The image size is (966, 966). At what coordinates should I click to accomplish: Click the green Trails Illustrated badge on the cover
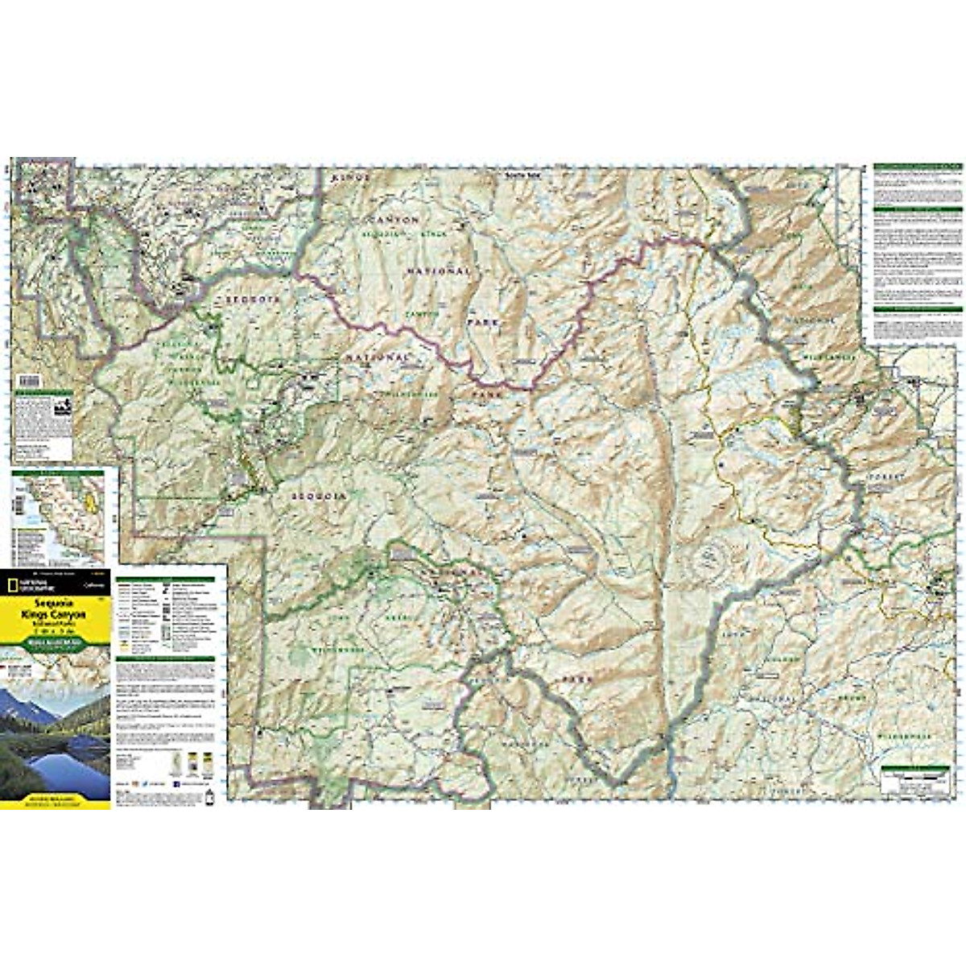pyautogui.click(x=55, y=642)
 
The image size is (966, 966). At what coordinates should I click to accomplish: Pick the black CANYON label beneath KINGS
pyautogui.click(x=394, y=219)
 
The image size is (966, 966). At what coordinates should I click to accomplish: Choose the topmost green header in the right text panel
pyautogui.click(x=918, y=167)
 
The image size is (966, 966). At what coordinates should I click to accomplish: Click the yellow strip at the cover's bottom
pyautogui.click(x=55, y=800)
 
